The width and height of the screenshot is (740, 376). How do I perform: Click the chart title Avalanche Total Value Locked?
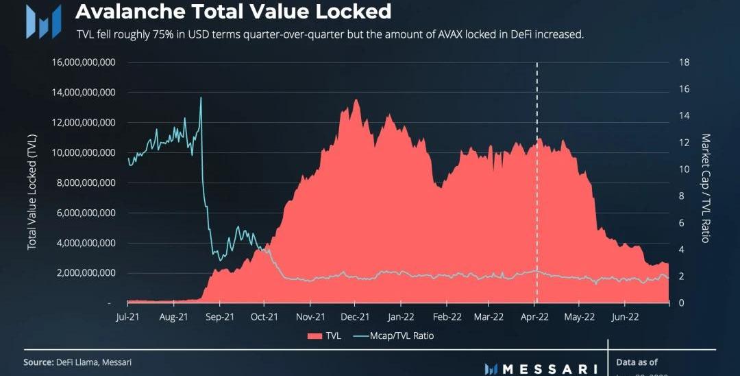coord(233,12)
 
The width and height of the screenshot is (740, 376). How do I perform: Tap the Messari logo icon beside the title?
coord(42,21)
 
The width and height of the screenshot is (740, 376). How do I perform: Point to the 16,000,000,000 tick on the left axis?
coord(83,62)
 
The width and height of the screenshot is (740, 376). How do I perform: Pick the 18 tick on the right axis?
coord(683,62)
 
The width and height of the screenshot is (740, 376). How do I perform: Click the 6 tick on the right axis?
coord(681,223)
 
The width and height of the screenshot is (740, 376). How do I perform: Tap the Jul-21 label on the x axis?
coord(127,317)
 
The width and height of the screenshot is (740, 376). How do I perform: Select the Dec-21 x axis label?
coord(356,317)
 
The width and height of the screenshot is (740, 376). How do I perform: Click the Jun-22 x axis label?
coord(624,317)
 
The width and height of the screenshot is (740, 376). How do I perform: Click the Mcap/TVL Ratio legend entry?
coord(393,336)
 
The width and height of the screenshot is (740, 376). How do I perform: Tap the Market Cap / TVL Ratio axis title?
coord(706,188)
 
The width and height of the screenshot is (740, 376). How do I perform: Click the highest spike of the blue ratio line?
coord(201,98)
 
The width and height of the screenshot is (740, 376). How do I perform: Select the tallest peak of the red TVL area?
coord(356,100)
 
